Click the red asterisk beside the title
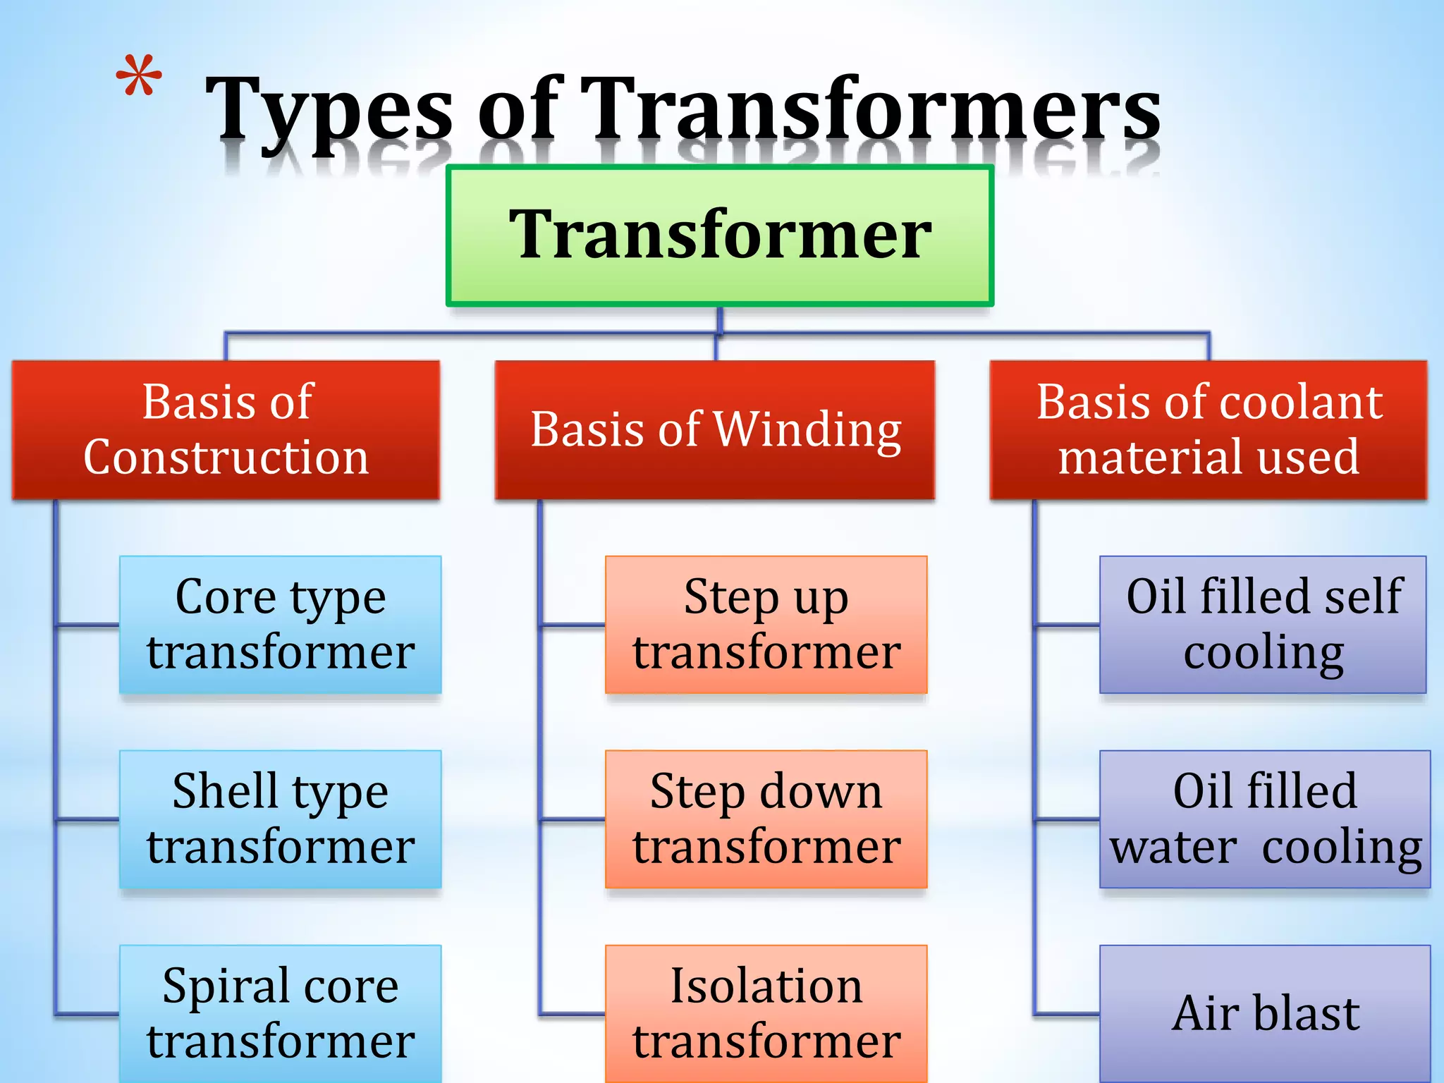coord(139,75)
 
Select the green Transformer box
coord(720,235)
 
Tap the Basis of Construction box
coord(226,430)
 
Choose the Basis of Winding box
coord(715,430)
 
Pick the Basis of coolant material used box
coord(1209,430)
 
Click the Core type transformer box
coord(281,625)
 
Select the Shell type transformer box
coord(281,819)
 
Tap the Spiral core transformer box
coord(281,1014)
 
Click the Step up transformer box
coord(766,625)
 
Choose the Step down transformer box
coord(766,819)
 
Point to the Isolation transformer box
coord(766,1014)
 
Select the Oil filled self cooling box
coord(1263,625)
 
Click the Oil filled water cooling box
coord(1265,819)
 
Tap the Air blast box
coord(1265,1014)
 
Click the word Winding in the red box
coord(807,430)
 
